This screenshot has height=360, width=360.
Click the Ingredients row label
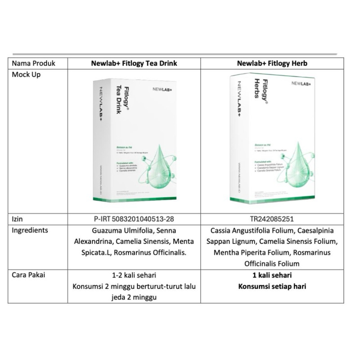click(30, 230)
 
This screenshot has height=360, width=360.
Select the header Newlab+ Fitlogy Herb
click(272, 63)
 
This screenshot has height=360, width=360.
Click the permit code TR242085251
click(272, 219)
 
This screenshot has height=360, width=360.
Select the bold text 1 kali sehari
click(272, 275)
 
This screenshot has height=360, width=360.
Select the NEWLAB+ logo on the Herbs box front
click(301, 84)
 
